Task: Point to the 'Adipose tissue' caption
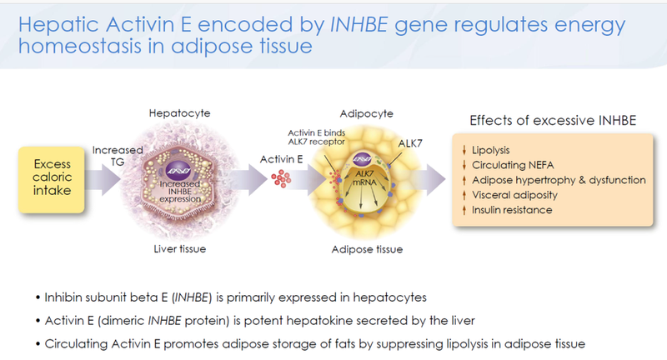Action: (x=368, y=248)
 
